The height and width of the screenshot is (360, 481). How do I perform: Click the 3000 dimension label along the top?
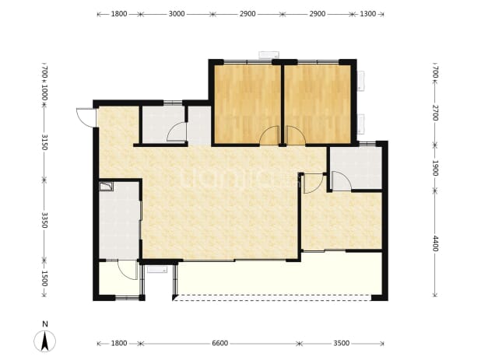[x=177, y=14]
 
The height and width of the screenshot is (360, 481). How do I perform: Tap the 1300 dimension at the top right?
[x=367, y=14]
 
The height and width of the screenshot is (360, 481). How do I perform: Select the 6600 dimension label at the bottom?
[x=220, y=343]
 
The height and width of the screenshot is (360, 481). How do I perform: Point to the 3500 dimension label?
[x=342, y=343]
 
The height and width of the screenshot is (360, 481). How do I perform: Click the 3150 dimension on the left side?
[x=44, y=142]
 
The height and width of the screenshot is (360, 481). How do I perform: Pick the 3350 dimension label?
[x=44, y=220]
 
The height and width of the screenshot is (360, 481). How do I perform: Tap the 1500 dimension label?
[x=44, y=278]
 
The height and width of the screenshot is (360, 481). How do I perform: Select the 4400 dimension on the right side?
[x=435, y=243]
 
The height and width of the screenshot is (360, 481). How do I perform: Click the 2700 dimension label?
[x=435, y=113]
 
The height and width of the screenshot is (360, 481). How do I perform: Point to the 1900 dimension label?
[x=435, y=168]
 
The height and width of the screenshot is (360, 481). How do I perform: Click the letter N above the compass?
[x=45, y=324]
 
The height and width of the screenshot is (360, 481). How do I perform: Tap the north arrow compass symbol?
[x=45, y=341]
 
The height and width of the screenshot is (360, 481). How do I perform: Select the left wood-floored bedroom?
[x=248, y=104]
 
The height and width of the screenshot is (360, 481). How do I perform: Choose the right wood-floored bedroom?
[x=318, y=104]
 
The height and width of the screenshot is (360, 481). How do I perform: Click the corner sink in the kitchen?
[x=106, y=187]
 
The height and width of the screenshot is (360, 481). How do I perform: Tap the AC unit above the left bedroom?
[x=269, y=55]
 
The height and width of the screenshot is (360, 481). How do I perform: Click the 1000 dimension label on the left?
[x=44, y=93]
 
